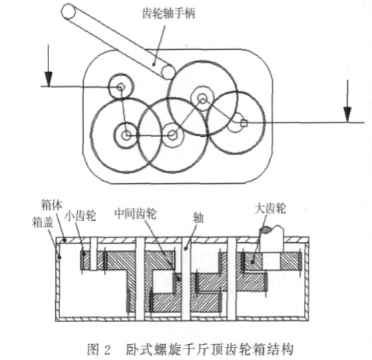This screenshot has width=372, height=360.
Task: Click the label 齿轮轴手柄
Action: (x=169, y=14)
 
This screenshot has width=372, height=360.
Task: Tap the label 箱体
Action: (x=51, y=205)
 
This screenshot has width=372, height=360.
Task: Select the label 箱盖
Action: (x=42, y=222)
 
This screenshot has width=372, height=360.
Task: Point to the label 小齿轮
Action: (x=81, y=216)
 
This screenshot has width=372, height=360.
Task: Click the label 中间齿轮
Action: (x=135, y=214)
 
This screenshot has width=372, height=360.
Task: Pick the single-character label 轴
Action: (x=198, y=218)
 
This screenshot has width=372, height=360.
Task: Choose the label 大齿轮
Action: (x=270, y=209)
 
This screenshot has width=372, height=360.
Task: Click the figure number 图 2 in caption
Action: (x=99, y=349)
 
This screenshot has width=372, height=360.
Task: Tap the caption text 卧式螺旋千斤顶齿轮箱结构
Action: (x=209, y=349)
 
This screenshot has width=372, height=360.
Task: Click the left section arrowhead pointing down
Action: (x=48, y=79)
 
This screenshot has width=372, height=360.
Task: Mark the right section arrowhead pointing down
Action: (x=347, y=114)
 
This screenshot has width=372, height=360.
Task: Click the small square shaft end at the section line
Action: (x=243, y=123)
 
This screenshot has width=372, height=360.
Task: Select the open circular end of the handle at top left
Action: (x=69, y=11)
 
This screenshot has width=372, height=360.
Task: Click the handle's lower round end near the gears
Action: (x=168, y=72)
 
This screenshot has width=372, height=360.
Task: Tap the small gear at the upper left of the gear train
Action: (x=121, y=87)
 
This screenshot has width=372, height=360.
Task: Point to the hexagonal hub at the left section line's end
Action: (x=121, y=88)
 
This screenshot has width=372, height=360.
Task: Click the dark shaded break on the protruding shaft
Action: (x=265, y=229)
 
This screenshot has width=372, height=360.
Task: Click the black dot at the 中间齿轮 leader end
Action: (x=179, y=278)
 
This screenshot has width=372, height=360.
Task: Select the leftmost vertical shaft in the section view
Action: (x=94, y=253)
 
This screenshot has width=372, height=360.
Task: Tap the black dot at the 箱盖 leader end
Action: (x=60, y=257)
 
